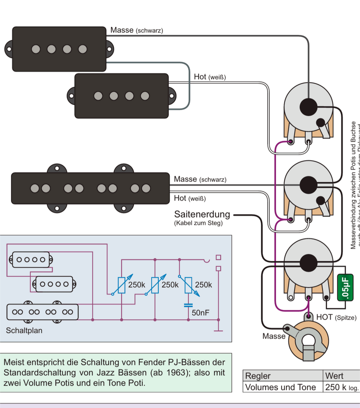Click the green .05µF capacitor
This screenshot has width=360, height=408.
coord(345,288)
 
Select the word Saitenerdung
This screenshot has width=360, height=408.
coord(202,215)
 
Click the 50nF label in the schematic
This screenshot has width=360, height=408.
coord(200,313)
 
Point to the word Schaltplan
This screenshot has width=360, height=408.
coord(24,330)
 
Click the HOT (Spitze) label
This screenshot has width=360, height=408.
coord(336,317)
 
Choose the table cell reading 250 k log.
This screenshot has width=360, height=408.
coord(341,387)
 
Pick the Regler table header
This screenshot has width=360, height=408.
coord(258,376)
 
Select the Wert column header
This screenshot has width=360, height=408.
coord(334,376)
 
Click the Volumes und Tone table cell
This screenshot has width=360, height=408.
coord(281,387)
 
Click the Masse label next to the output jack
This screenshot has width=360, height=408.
coord(274,336)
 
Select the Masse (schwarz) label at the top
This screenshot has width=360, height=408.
coord(136,31)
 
